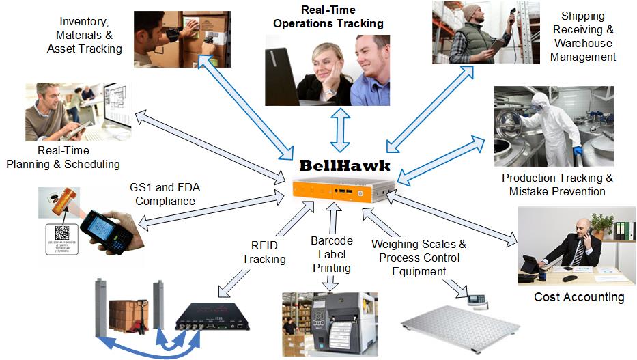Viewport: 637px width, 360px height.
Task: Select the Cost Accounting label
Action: (x=579, y=297)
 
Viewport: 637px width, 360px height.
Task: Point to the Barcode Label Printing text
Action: (x=331, y=254)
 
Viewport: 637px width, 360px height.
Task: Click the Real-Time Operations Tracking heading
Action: (x=328, y=17)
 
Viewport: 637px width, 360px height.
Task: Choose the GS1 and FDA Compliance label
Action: (x=165, y=194)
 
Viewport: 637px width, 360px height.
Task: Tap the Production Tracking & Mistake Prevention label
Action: (x=557, y=184)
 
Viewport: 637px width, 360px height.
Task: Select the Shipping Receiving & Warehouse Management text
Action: (x=583, y=36)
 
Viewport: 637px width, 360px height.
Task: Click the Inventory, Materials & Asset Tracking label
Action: (x=84, y=36)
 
